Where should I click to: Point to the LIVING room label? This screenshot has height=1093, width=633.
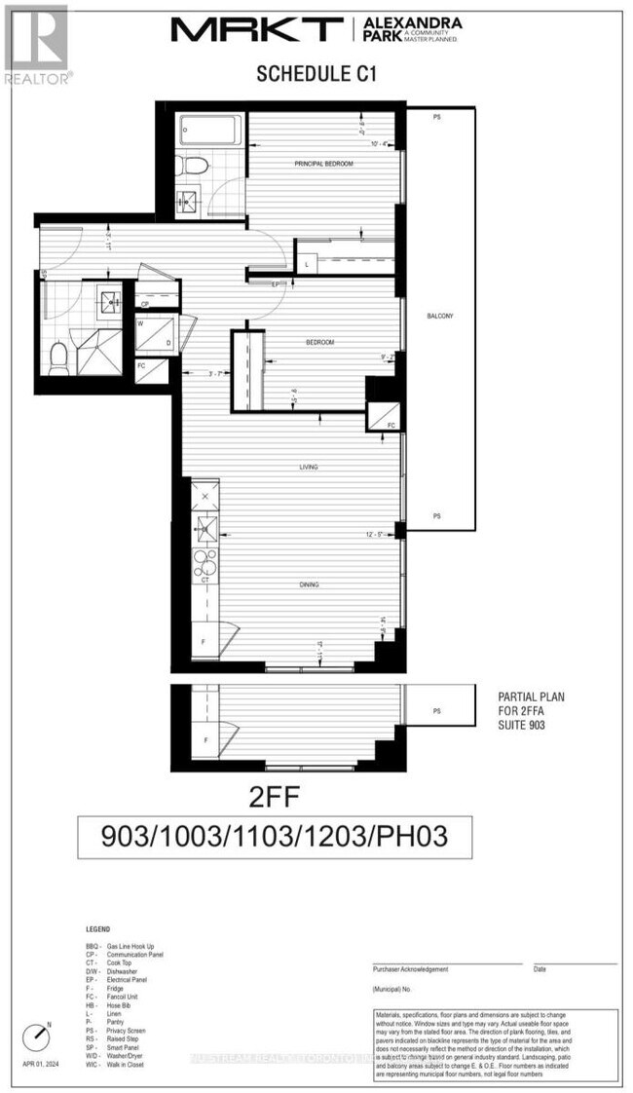click(309, 468)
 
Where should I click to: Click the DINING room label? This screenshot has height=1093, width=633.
click(310, 584)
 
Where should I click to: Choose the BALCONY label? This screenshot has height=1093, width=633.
click(440, 317)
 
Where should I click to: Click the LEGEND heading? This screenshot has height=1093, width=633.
click(97, 930)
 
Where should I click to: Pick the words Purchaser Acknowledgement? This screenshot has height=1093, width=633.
click(410, 969)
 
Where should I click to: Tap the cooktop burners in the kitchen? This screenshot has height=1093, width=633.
click(205, 562)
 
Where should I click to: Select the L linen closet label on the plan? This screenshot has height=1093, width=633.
click(308, 264)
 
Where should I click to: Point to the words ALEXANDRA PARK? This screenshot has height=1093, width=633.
click(425, 23)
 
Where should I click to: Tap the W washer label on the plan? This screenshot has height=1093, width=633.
click(142, 323)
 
